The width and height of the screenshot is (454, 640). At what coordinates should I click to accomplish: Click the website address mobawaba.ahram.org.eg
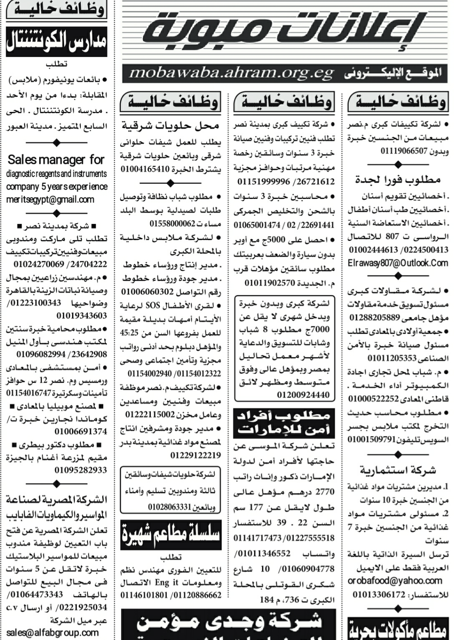(x=231, y=73)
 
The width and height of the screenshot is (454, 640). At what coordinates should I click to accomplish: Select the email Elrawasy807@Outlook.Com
(x=398, y=263)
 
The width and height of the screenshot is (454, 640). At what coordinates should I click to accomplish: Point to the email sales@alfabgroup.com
(x=52, y=633)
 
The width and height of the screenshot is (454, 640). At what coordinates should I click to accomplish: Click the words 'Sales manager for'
(x=56, y=160)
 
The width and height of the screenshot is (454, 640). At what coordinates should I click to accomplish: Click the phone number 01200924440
(x=303, y=394)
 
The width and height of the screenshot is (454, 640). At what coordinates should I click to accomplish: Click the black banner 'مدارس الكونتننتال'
(x=57, y=42)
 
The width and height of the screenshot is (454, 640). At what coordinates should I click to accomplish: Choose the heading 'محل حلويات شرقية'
(x=170, y=125)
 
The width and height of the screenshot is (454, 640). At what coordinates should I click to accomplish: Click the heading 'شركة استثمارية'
(x=398, y=470)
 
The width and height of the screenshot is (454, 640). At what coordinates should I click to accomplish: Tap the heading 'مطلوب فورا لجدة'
(x=398, y=180)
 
